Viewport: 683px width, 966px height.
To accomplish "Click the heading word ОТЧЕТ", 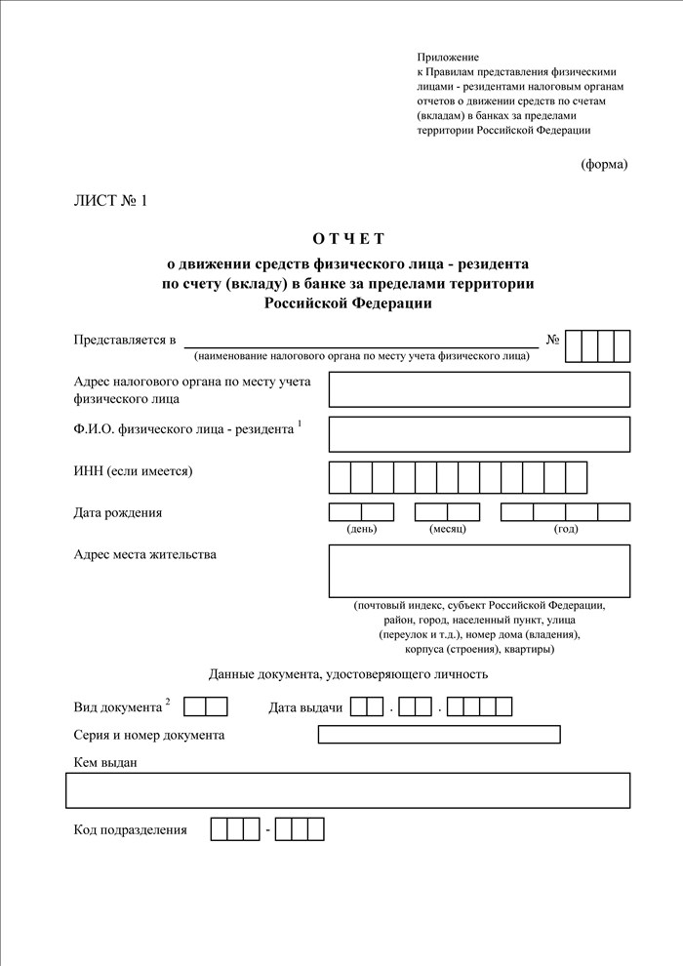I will tap(349, 239).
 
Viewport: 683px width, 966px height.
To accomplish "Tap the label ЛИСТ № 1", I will tap(110, 202).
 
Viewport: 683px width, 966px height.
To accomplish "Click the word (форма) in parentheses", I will tap(604, 164).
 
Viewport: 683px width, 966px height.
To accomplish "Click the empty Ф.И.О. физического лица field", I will tap(479, 434).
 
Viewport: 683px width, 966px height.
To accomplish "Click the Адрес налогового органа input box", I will tap(479, 389).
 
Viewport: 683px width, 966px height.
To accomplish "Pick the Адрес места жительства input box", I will tap(479, 571).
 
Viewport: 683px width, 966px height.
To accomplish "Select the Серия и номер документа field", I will tap(439, 735).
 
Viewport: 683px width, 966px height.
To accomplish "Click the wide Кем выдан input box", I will tap(347, 790).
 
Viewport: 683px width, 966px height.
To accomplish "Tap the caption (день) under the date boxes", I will tap(362, 529).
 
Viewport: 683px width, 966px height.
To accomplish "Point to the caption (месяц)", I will tap(448, 529).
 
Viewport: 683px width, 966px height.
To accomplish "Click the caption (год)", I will tap(566, 529).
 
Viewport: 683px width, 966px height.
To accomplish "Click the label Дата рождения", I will tap(118, 512).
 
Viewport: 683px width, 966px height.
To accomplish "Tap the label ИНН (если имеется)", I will tap(134, 471).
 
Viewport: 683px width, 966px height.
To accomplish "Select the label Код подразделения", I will tap(130, 830).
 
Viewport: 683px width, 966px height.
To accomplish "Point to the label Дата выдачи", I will tap(305, 707).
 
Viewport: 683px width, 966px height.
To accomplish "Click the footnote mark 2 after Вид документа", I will tap(168, 702).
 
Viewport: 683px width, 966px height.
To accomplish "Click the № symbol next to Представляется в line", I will tap(552, 341).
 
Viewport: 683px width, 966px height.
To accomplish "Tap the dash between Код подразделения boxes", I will tap(267, 830).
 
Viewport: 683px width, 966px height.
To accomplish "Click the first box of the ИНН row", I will tap(340, 477).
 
